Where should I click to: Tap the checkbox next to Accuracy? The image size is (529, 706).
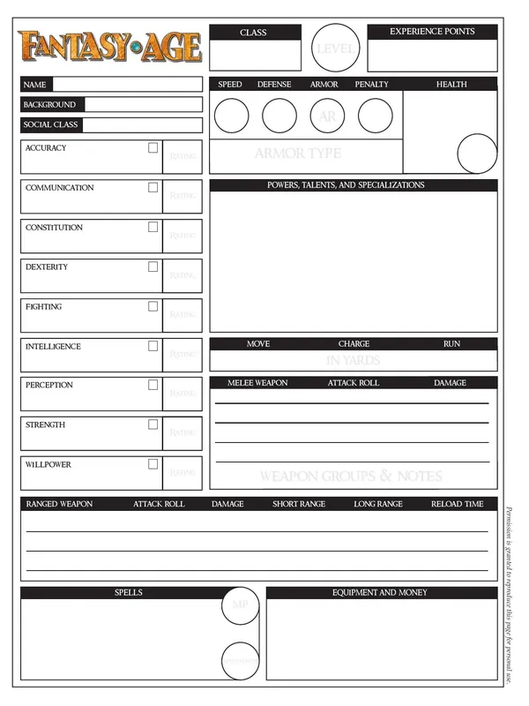pyautogui.click(x=153, y=148)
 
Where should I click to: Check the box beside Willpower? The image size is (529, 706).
pyautogui.click(x=153, y=464)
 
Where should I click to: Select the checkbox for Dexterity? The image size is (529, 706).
pyautogui.click(x=153, y=267)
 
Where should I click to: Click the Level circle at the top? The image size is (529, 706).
pyautogui.click(x=334, y=49)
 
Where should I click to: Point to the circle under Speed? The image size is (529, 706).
pyautogui.click(x=232, y=115)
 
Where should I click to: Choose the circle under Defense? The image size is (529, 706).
pyautogui.click(x=279, y=115)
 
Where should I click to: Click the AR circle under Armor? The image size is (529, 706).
pyautogui.click(x=327, y=115)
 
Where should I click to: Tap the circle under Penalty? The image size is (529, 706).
pyautogui.click(x=375, y=115)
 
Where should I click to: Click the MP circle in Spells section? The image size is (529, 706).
pyautogui.click(x=239, y=605)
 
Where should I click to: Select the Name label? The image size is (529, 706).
pyautogui.click(x=35, y=85)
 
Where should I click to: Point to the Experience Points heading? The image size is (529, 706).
pyautogui.click(x=432, y=32)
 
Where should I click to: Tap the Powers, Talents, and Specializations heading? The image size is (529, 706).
pyautogui.click(x=346, y=185)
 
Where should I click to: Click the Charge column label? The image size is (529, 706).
pyautogui.click(x=354, y=343)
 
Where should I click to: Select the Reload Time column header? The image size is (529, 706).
pyautogui.click(x=457, y=504)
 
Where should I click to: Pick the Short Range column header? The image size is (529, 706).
pyautogui.click(x=298, y=504)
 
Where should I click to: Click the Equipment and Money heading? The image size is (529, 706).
pyautogui.click(x=379, y=593)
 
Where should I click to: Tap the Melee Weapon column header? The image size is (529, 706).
pyautogui.click(x=257, y=383)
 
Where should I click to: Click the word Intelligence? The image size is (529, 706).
pyautogui.click(x=54, y=346)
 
